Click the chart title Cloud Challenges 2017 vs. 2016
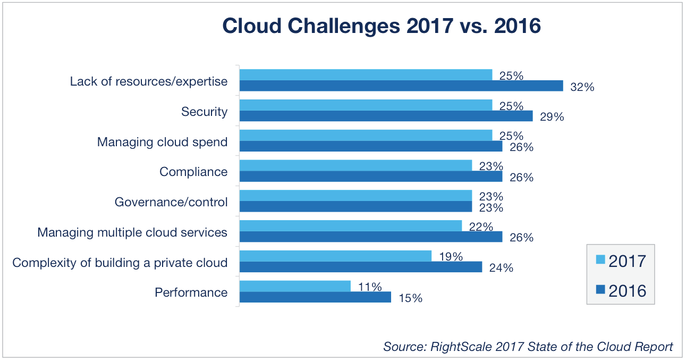(381, 26)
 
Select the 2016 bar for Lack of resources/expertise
(401, 86)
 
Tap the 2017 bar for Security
(366, 105)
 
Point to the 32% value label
(582, 87)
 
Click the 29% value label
(552, 117)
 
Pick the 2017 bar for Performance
(295, 286)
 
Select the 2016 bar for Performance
(315, 297)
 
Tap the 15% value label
(410, 298)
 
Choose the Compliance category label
(193, 172)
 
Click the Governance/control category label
(171, 202)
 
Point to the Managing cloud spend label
(162, 142)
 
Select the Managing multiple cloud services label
(132, 232)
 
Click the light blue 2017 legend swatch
(600, 260)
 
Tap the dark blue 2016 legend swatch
(600, 290)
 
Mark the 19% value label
(451, 257)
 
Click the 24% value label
(501, 268)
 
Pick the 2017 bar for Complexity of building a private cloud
(335, 256)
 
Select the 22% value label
(481, 227)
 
